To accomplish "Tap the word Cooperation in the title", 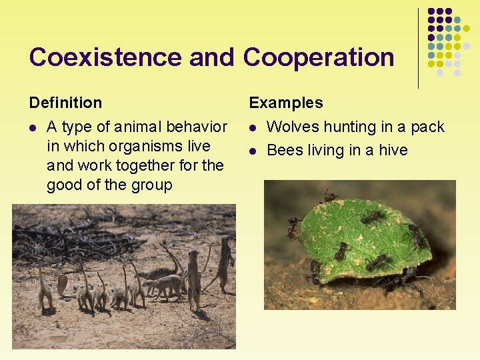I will [x=319, y=57].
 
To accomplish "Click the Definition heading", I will [x=65, y=103].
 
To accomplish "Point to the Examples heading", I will [x=285, y=103].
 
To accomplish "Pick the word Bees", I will [x=285, y=150].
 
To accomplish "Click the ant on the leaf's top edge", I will [x=329, y=197].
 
